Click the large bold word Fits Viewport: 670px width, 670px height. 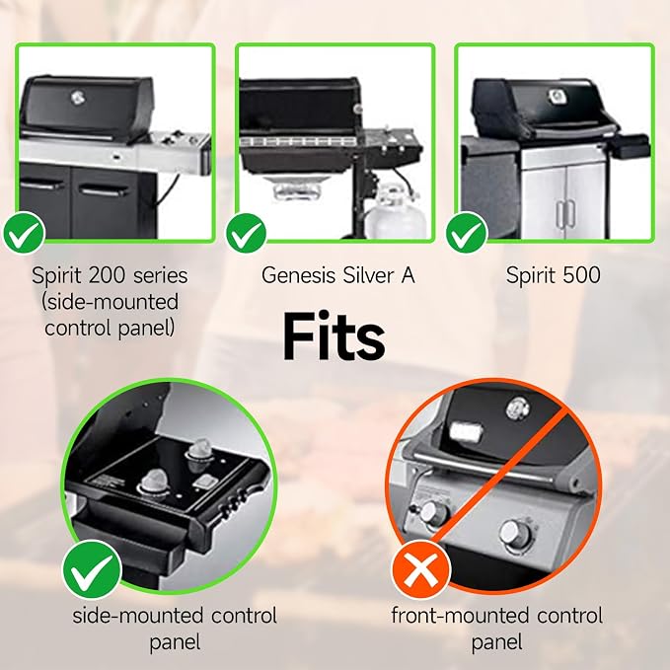334,337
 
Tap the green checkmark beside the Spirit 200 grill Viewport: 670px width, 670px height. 24,233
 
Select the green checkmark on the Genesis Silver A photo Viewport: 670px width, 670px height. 246,233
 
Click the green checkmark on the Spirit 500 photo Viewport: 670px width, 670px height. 466,233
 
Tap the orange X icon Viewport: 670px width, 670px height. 421,569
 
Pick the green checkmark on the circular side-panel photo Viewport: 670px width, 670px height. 93,569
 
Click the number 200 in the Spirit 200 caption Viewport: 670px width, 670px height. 109,275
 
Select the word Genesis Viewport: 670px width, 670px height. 298,275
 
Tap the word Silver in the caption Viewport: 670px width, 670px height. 368,275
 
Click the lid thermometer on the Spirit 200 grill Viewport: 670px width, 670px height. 77,98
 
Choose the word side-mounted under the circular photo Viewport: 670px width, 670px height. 137,616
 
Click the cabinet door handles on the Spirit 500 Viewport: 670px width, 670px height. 565,213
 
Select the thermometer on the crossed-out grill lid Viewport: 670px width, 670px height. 517,409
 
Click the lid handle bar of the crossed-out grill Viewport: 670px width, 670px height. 483,468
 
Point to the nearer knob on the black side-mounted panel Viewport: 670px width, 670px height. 154,484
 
